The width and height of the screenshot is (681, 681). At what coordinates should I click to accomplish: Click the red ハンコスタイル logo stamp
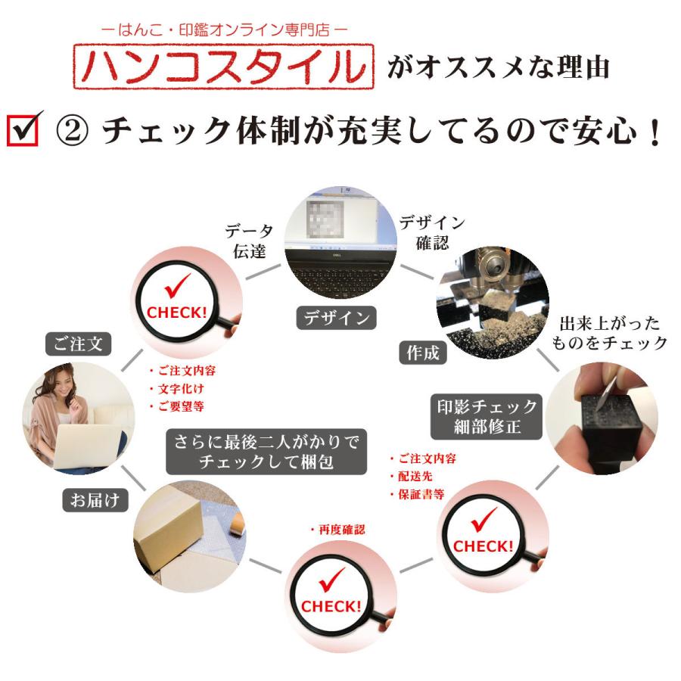[x=223, y=67]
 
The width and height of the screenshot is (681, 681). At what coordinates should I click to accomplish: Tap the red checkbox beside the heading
[x=23, y=130]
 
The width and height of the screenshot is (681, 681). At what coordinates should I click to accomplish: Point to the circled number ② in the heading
[x=72, y=131]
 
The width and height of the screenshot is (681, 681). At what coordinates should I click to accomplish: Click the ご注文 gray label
[x=78, y=344]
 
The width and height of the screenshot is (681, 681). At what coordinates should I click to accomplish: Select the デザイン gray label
[x=337, y=318]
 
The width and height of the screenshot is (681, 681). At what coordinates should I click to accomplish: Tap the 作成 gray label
[x=422, y=352]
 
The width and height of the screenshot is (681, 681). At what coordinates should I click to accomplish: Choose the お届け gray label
[x=95, y=500]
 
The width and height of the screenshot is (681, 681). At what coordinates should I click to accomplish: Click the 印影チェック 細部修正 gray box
[x=487, y=416]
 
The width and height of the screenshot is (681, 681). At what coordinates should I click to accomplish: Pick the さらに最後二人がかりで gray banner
[x=266, y=452]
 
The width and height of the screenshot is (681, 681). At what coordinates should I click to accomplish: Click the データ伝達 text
[x=249, y=241]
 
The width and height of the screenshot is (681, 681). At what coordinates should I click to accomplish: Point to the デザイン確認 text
[x=432, y=232]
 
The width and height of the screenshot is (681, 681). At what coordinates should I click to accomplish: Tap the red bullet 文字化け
[x=177, y=389]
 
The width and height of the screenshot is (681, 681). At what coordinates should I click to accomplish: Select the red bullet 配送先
[x=412, y=477]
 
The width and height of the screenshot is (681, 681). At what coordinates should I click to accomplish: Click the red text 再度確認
[x=338, y=530]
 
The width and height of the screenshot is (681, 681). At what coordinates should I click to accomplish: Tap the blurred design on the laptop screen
[x=325, y=219]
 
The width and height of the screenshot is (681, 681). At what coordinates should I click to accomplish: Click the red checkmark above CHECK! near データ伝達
[x=177, y=285]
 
